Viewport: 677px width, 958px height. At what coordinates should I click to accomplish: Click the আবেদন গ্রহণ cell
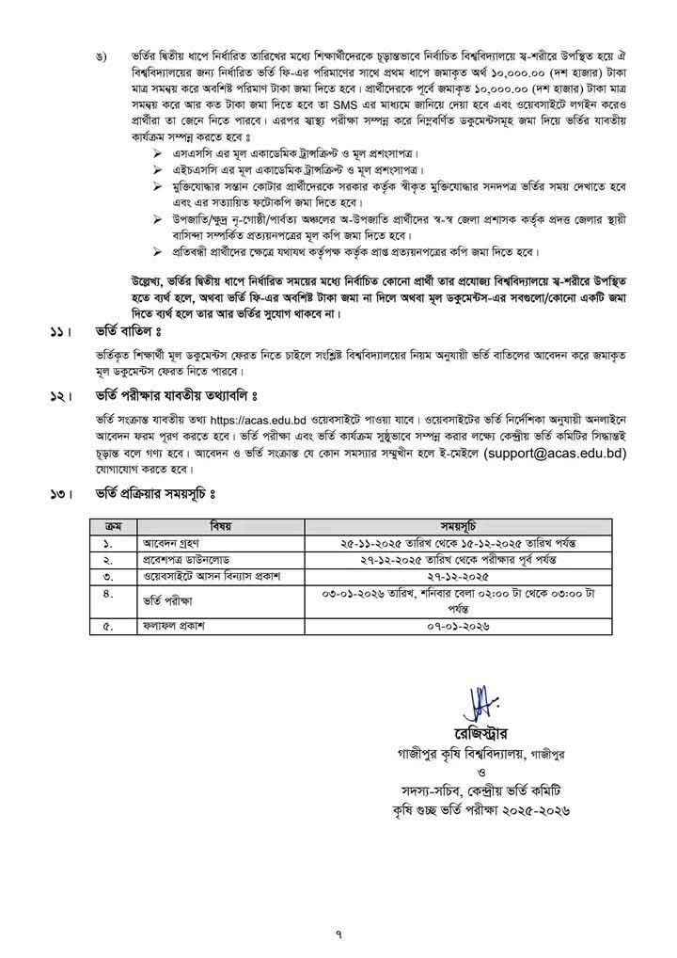pos(165,543)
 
